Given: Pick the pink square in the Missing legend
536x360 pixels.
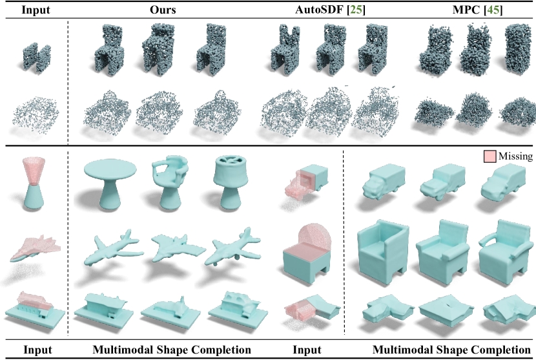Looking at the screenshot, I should [490, 156].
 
